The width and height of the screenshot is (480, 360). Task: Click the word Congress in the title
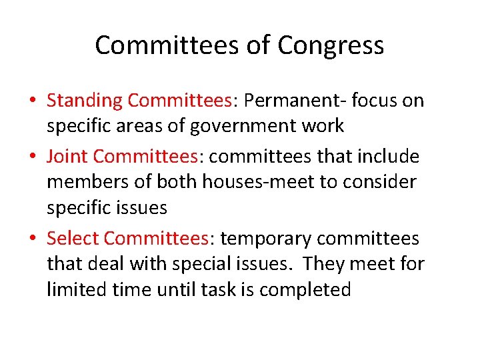click(331, 46)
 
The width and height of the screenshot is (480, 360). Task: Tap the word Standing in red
click(85, 101)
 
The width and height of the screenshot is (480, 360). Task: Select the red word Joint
click(67, 156)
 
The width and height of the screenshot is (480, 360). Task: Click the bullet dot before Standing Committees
click(33, 101)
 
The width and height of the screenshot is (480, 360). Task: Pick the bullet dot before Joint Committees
click(33, 157)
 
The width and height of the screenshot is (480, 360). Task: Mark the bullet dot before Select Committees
click(33, 239)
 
